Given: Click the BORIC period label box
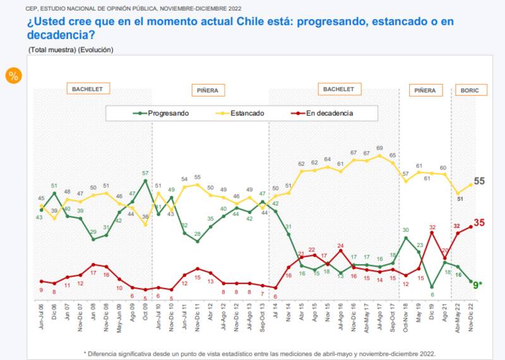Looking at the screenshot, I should [x=470, y=90].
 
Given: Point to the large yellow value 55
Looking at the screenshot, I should [x=480, y=181].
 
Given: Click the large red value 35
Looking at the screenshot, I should [x=480, y=222].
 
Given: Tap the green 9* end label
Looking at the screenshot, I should [x=478, y=285].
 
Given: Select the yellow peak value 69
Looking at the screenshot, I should [x=379, y=148].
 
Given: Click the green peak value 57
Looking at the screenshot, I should [x=145, y=173].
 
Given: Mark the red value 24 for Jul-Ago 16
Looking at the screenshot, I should [x=340, y=245].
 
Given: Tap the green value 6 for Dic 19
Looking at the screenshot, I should [x=432, y=294].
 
